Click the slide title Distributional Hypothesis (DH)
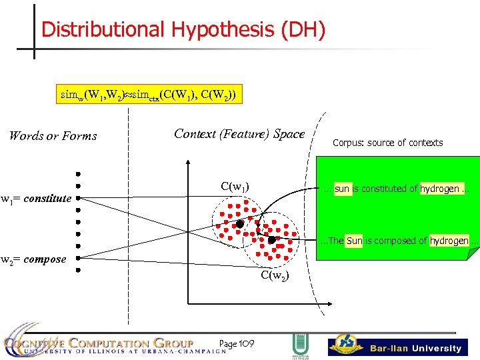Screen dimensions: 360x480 point(183,30)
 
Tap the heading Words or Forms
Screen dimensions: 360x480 point(53,136)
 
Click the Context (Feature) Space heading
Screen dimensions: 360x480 point(239,133)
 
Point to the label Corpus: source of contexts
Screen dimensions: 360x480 point(387,143)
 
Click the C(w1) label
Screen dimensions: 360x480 point(234,187)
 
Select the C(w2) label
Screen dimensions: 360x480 point(275,274)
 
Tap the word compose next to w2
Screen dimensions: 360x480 point(45,259)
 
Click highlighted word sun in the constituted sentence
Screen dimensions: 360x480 point(342,189)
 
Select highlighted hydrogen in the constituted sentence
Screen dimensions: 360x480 point(439,189)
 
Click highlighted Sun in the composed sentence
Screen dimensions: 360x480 point(354,240)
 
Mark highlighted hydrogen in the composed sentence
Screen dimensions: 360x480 point(449,240)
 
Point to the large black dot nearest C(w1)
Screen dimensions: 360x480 point(239,224)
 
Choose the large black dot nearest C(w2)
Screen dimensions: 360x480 point(271,239)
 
